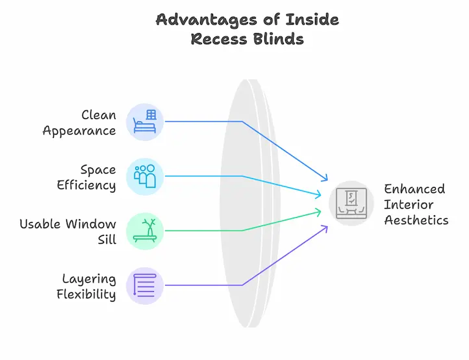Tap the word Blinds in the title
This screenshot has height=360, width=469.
click(279, 39)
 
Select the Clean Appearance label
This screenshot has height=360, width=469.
click(80, 123)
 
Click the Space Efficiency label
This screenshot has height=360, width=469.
click(86, 177)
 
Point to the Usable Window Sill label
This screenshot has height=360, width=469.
click(68, 232)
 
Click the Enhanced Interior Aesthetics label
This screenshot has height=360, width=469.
click(416, 204)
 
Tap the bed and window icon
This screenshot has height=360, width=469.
click(145, 122)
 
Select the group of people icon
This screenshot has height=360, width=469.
click(145, 176)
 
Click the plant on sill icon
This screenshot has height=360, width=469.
click(145, 231)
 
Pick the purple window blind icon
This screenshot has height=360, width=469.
click(145, 285)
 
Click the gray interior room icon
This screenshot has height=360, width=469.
click(351, 203)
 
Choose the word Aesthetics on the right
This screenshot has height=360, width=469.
click(416, 220)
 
